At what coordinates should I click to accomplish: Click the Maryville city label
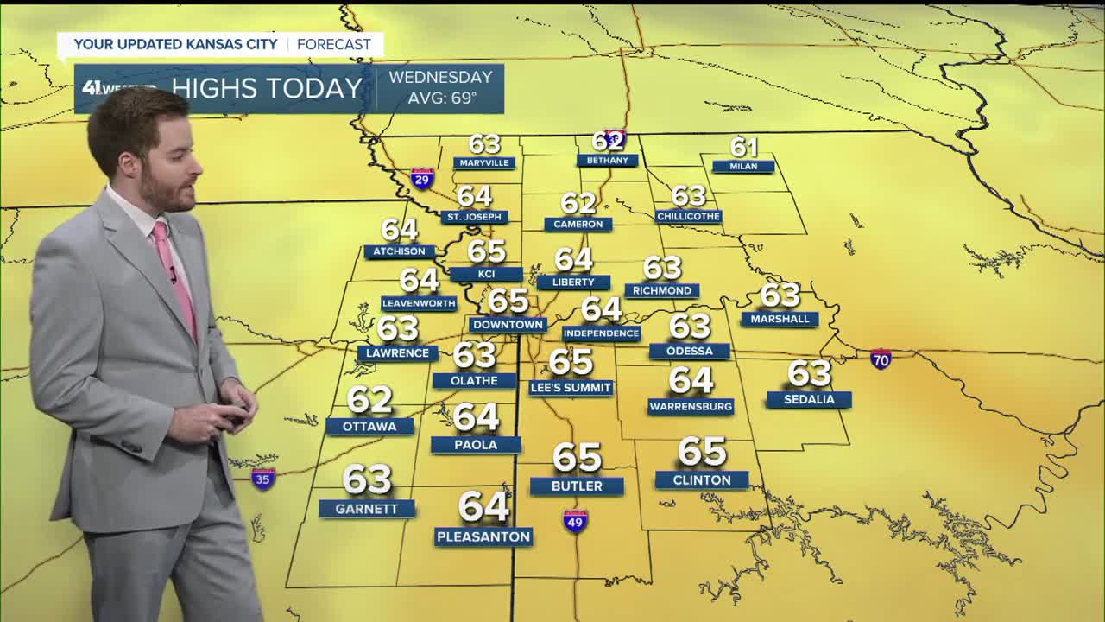tap(484, 162)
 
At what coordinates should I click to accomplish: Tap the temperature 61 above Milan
tap(744, 148)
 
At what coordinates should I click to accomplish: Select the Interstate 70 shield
tap(881, 359)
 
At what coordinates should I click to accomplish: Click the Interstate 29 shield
tap(422, 179)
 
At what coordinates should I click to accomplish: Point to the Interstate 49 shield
tap(575, 521)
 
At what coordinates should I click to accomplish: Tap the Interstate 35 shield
tap(263, 479)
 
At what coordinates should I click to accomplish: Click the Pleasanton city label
tap(483, 536)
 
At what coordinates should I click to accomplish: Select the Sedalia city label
tap(809, 399)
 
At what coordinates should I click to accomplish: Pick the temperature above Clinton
tap(702, 451)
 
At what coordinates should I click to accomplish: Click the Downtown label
tap(508, 325)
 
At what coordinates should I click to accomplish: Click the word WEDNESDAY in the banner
tap(440, 78)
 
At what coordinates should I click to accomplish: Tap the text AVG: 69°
tap(442, 98)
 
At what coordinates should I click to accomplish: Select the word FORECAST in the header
tap(334, 44)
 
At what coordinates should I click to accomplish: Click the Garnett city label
tap(367, 509)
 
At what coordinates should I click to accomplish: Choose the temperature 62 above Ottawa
tap(369, 399)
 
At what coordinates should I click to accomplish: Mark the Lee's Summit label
tap(571, 388)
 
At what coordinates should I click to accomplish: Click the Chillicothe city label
tap(688, 216)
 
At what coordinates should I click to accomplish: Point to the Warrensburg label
tap(691, 406)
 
